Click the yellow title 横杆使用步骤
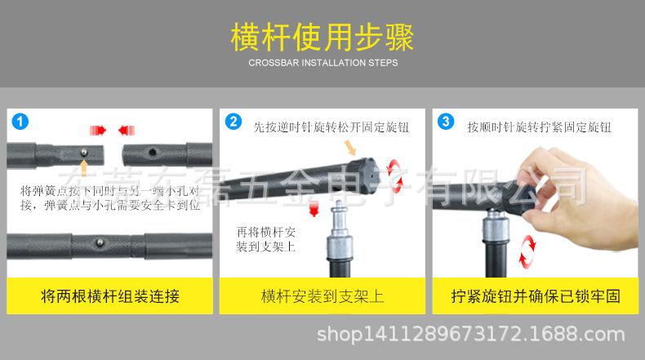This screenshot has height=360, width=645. click(x=322, y=38)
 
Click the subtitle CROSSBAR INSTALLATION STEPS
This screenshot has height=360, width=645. click(x=322, y=63)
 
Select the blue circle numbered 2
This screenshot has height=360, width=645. click(x=234, y=122)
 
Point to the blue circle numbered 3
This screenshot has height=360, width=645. click(x=445, y=122)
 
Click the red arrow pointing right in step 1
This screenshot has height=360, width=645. click(x=98, y=130)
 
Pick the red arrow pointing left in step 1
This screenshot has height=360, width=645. click(x=125, y=130)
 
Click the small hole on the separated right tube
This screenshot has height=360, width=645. click(x=151, y=151)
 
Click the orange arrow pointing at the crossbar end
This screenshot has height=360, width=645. click(x=351, y=148)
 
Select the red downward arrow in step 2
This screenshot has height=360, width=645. click(x=314, y=211)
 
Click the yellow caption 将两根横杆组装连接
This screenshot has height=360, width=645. click(x=110, y=296)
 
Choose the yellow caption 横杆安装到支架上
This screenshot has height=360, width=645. click(x=322, y=296)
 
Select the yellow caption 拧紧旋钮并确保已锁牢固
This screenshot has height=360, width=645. click(x=534, y=296)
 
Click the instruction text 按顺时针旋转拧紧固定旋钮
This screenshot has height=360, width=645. click(x=539, y=127)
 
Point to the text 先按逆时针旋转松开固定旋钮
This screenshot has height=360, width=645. click(x=331, y=127)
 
